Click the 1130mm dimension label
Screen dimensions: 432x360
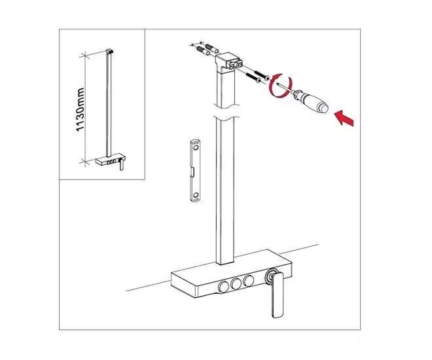[80, 109]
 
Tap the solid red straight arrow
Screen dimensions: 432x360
[344, 118]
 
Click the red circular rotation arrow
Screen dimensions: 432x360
[279, 85]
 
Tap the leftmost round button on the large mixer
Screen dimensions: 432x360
[223, 287]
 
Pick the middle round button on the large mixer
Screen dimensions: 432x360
[236, 283]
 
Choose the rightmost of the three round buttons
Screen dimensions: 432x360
[249, 280]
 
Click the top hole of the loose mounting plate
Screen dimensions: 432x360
[196, 148]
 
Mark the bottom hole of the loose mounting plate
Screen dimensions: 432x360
[196, 195]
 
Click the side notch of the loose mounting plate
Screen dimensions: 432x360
[192, 171]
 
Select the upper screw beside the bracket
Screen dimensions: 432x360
[261, 75]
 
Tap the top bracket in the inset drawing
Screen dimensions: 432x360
[110, 52]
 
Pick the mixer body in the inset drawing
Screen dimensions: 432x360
[110, 160]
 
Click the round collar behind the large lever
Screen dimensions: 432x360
[270, 276]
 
